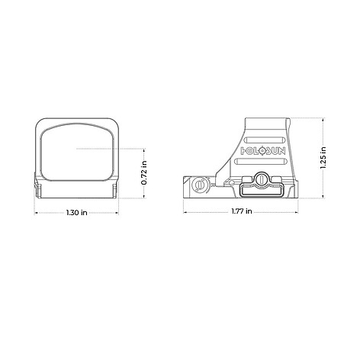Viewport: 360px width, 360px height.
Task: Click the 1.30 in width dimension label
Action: pos(76,212)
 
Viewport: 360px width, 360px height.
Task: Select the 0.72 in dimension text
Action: pos(144,173)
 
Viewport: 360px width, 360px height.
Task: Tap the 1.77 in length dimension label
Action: pos(242,211)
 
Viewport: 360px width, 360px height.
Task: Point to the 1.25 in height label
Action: pos(323,158)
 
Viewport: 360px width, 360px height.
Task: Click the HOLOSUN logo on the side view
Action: pos(263,151)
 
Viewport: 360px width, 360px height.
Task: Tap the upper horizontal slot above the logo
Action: pos(263,140)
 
